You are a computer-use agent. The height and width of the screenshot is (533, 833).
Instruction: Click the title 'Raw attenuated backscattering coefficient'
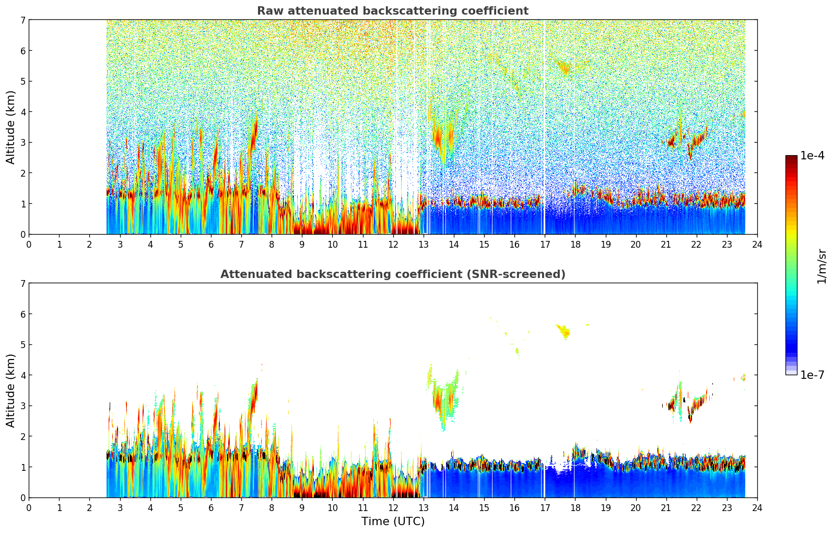click(x=393, y=11)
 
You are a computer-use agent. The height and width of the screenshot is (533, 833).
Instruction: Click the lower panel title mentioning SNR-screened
click(x=393, y=274)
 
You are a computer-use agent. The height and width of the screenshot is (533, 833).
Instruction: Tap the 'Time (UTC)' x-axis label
click(x=393, y=522)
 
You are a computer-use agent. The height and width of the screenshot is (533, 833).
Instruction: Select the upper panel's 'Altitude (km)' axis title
click(x=11, y=127)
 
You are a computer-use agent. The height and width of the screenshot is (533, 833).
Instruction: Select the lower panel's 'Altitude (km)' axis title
click(x=11, y=390)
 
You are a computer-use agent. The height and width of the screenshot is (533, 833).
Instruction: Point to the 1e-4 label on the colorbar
click(x=812, y=156)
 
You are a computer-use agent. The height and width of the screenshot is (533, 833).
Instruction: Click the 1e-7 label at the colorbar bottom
click(x=812, y=375)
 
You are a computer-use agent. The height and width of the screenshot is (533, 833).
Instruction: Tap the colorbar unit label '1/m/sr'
click(x=822, y=266)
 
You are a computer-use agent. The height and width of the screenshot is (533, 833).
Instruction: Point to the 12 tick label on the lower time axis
click(x=393, y=508)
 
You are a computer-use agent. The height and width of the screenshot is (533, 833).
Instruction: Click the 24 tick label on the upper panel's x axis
click(x=757, y=245)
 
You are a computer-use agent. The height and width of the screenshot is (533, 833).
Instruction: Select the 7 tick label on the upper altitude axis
click(x=22, y=20)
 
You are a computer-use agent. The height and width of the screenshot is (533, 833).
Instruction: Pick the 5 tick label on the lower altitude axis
click(x=22, y=344)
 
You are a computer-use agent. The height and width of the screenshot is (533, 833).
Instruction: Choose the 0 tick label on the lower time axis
click(x=29, y=508)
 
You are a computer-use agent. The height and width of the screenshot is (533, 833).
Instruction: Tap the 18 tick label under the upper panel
click(x=575, y=245)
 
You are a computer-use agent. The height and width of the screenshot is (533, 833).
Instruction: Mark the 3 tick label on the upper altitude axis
click(x=22, y=143)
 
